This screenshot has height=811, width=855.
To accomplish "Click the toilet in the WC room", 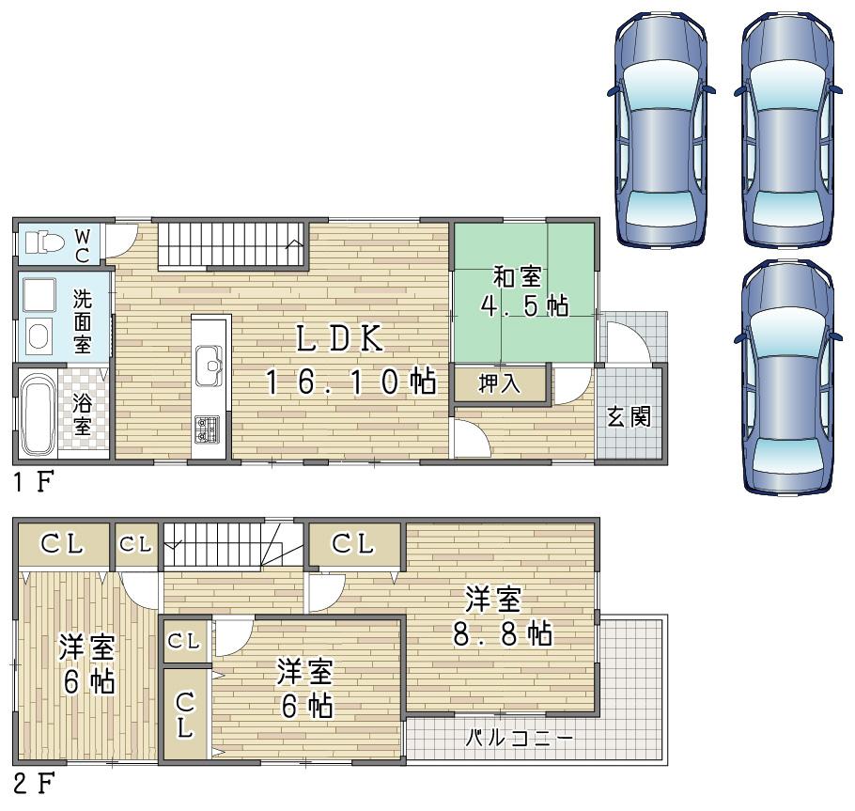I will point(43,242).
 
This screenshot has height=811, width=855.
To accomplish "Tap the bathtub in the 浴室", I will point(39,413).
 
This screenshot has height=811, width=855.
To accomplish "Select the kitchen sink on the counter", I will point(209,364).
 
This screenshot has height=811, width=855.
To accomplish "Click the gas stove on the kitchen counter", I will point(208,429).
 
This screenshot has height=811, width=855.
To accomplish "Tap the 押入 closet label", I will point(501,385).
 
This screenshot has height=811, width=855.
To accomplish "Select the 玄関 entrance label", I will point(629,415).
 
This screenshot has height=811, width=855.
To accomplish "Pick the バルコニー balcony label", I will point(521,738).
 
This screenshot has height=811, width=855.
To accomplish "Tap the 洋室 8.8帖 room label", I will point(499,617).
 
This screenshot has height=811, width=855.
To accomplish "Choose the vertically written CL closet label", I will point(186,714).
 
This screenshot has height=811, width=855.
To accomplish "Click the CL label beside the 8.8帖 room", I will point(353,543).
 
